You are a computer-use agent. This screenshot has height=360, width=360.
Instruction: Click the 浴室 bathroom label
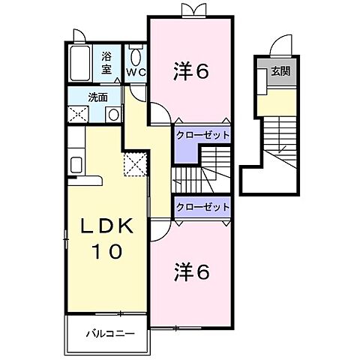pyautogui.click(x=106, y=62)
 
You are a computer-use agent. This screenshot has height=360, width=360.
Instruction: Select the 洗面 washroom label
pyautogui.click(x=97, y=97)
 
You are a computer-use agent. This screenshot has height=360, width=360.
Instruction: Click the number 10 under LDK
pyautogui.click(x=107, y=252)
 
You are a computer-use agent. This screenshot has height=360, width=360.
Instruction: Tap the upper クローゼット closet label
pyautogui.click(x=202, y=135)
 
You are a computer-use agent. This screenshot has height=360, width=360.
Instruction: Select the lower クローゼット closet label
pyautogui.click(x=202, y=205)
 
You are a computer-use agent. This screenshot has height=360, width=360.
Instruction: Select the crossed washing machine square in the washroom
pyautogui.click(x=77, y=115)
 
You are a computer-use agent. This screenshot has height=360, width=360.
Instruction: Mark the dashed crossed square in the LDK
pyautogui.click(x=134, y=163)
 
